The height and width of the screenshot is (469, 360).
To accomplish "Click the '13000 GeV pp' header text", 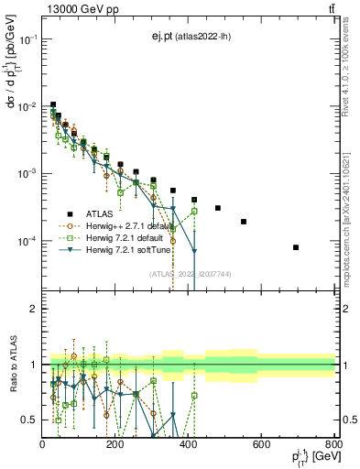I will [78, 8].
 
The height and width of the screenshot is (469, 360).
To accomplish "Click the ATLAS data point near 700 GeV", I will [296, 247].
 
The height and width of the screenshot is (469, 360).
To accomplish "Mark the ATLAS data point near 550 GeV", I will [244, 222].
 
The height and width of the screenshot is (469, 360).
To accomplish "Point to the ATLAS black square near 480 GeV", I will [218, 208].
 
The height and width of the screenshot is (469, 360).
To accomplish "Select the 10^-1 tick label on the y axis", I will [28, 39].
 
